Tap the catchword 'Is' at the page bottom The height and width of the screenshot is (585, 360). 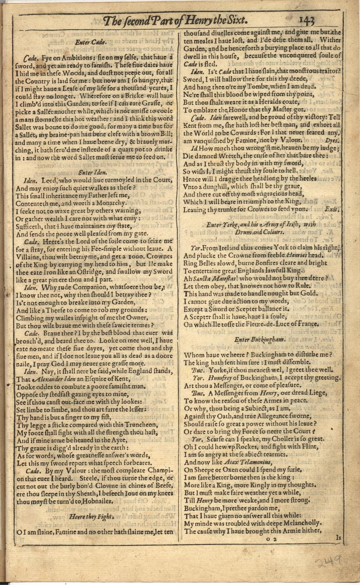[x=338, y=538]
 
